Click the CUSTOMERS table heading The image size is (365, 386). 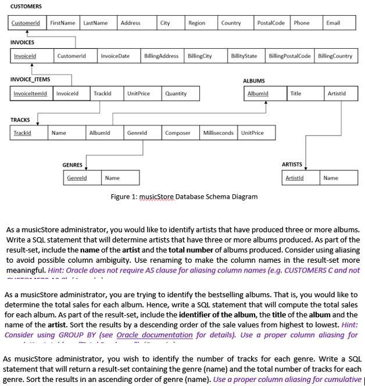coord(26,6)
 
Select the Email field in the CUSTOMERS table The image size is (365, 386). coord(332,23)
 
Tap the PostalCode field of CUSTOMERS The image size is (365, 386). coord(271,23)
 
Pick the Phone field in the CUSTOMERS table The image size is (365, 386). coord(302,23)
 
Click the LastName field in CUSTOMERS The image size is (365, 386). coord(95,23)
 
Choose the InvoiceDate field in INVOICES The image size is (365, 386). coord(115,56)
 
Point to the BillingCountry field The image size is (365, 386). coord(335,56)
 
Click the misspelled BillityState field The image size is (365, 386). coord(244,56)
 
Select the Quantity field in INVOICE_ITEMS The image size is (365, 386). coord(176,93)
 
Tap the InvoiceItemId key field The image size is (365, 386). coord(31,93)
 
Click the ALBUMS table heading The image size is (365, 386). coord(253,81)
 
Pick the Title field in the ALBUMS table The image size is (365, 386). coord(296,93)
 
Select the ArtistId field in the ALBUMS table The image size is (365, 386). coord(337,93)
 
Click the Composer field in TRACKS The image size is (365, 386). coord(178,133)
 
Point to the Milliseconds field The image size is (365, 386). coord(218,133)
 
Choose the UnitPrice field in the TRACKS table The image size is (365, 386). coord(252,133)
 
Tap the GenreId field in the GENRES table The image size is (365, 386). coord(77,178)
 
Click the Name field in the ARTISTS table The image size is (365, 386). coord(331,178)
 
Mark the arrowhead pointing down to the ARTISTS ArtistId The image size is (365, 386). coord(307,168)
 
